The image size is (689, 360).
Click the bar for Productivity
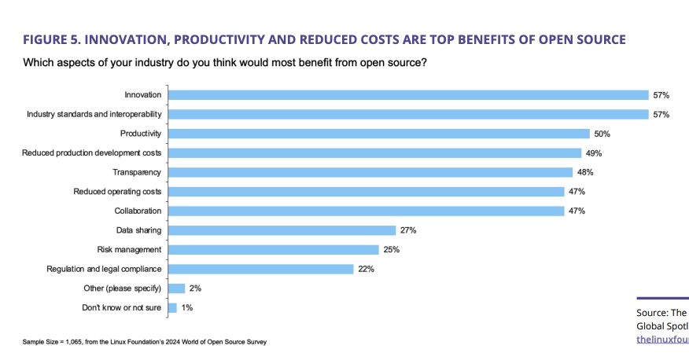378,134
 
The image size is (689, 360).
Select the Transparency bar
370,172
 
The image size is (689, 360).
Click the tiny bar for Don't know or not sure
172,308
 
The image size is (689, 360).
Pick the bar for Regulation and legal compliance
260,269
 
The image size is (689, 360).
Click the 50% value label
602,134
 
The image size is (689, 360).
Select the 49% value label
594,153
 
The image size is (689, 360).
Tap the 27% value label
407,230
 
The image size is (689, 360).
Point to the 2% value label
196,288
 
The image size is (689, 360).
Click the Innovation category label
142,95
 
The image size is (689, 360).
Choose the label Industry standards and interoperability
94,115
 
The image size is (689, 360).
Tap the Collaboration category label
138,211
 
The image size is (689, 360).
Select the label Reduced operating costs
117,192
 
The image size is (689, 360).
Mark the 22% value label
366,269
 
